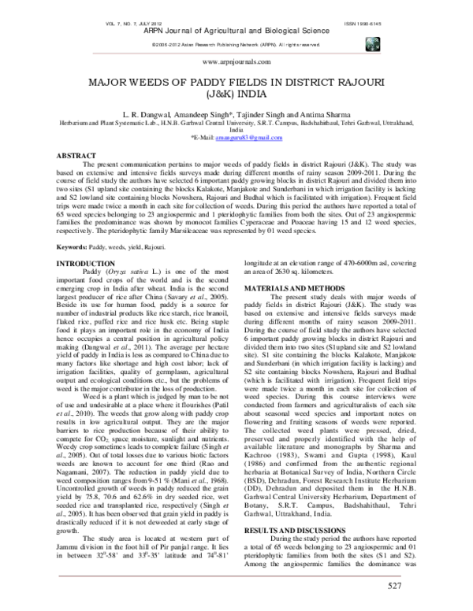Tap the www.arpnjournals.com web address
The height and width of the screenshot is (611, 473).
[236, 60]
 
